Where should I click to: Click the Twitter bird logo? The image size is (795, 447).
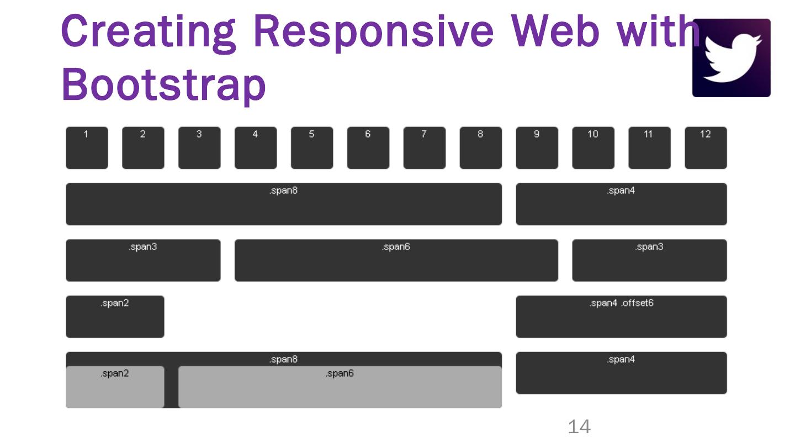coord(731,58)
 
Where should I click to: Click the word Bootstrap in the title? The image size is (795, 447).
coord(164,84)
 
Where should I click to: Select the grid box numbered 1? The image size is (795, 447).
coord(87,148)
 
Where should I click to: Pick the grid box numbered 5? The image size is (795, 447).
coord(312,148)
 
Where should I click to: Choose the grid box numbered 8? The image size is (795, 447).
coord(481,148)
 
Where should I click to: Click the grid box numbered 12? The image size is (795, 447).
coord(706,148)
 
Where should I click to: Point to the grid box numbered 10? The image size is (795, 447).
coord(593,148)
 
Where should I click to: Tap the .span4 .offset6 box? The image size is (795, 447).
coord(621,317)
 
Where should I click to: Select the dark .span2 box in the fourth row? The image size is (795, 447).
coord(115,317)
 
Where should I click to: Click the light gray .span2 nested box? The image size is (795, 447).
coord(115,387)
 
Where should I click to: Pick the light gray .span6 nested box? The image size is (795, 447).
coord(340,387)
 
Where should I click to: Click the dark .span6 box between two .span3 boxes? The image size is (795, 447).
coord(396,260)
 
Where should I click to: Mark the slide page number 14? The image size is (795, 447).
coord(579,427)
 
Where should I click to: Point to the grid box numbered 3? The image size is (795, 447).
coord(199,148)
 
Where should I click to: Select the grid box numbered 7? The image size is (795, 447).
coord(425,148)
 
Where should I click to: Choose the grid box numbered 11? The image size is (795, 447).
coord(649,148)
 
